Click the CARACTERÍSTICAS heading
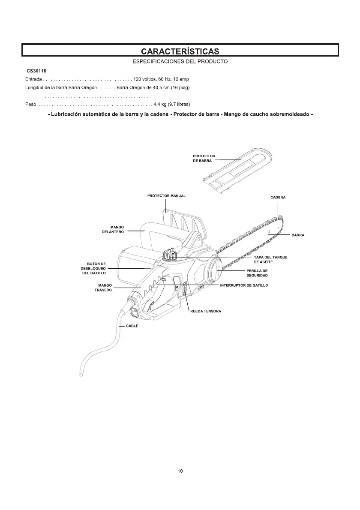pos(180,51)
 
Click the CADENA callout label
pos(278,198)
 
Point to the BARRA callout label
pos(298,235)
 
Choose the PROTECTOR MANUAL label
pos(167,196)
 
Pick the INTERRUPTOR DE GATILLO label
pos(244,285)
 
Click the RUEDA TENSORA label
pos(206,311)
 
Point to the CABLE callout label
pos(132,326)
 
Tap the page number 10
pos(180,471)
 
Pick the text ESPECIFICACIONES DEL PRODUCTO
pos(180,62)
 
